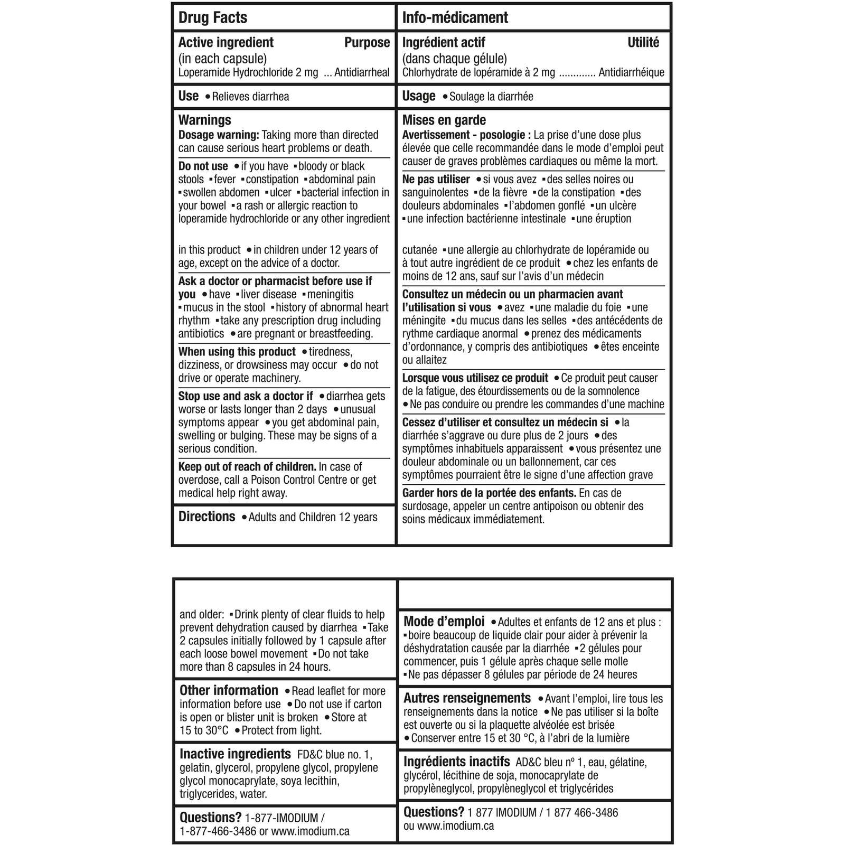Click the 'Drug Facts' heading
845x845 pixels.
tap(213, 17)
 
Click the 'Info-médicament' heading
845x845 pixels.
tap(455, 17)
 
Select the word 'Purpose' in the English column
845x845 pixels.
tap(367, 42)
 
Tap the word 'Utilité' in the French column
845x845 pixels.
tap(643, 42)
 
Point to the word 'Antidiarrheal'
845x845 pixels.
tap(362, 72)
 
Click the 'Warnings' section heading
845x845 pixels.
tap(205, 120)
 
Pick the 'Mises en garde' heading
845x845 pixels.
tap(444, 120)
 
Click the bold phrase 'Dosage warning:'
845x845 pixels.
tap(219, 135)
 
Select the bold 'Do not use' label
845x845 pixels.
tap(203, 166)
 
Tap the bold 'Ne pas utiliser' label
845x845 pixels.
tap(436, 179)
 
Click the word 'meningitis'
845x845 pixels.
tap(331, 294)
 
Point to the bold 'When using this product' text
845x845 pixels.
tap(237, 352)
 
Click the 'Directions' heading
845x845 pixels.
tap(207, 517)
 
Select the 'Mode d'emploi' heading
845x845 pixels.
tap(444, 622)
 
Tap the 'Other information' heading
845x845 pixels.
tap(229, 690)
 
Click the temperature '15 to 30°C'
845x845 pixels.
tap(204, 730)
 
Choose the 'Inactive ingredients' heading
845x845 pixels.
tap(235, 754)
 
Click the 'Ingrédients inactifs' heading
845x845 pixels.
tap(457, 762)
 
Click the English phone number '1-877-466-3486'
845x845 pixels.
tap(218, 831)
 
